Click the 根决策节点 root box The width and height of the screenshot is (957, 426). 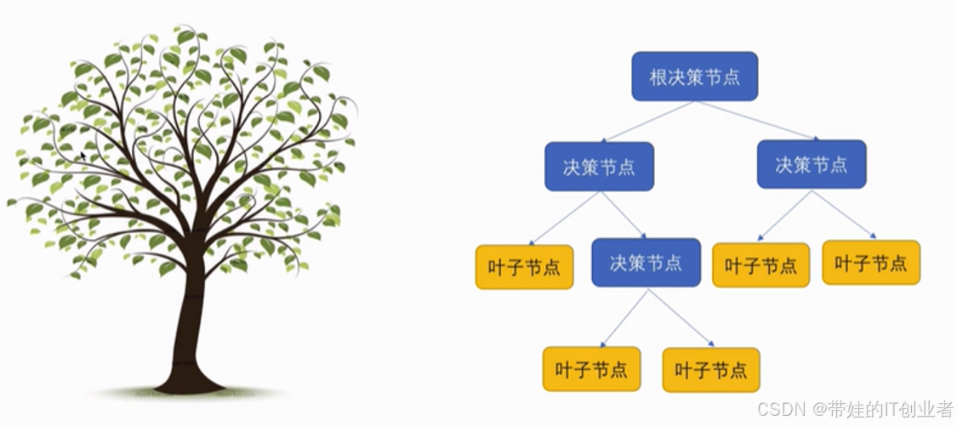(x=694, y=77)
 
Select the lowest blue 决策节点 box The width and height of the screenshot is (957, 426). (x=646, y=262)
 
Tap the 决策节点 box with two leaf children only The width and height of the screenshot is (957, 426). (x=812, y=164)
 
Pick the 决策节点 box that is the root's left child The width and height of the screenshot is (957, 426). (x=599, y=166)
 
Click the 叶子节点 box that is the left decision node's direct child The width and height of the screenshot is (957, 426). (x=524, y=267)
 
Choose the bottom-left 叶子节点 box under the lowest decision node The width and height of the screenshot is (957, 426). (x=591, y=369)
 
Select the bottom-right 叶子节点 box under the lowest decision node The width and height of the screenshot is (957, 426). (x=711, y=369)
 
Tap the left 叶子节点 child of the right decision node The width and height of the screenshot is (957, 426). (x=760, y=265)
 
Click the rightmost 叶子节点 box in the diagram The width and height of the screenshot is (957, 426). (x=871, y=263)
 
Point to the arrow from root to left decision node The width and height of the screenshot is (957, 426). (x=647, y=122)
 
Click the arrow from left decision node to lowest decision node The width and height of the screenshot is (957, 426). (x=624, y=215)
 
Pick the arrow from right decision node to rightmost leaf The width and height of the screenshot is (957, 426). (x=844, y=213)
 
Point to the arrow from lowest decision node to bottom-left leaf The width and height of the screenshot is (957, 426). (x=624, y=318)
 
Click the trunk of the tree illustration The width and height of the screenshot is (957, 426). (x=189, y=332)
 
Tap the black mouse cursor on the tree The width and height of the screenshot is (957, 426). (x=83, y=156)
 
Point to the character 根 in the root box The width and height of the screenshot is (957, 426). (x=658, y=77)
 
